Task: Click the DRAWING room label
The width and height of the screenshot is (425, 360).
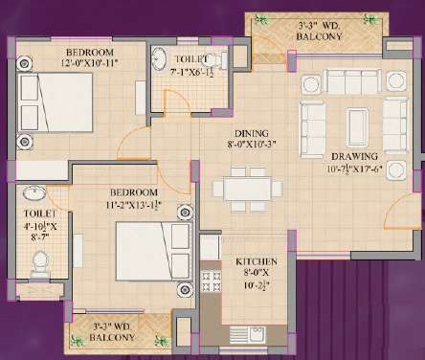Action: (x=353, y=156)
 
